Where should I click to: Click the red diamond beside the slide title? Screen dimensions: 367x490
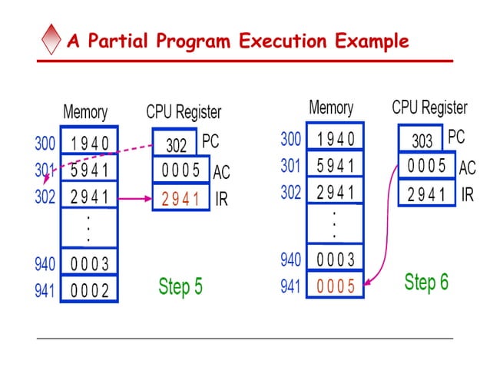(51, 40)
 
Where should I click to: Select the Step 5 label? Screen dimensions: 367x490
(180, 286)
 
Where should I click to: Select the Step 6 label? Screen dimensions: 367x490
(426, 282)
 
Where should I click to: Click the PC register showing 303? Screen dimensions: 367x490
(422, 139)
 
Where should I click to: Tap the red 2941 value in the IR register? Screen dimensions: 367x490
(180, 199)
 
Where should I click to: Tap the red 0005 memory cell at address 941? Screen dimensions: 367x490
(336, 286)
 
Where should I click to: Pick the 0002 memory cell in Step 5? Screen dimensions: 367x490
(90, 290)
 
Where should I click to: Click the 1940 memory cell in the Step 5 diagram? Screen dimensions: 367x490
(90, 143)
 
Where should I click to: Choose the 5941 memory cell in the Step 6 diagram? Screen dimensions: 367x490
(336, 166)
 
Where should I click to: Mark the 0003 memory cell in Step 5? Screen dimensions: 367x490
(90, 264)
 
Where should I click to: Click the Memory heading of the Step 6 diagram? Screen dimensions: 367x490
(330, 107)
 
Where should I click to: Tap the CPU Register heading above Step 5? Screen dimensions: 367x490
(184, 112)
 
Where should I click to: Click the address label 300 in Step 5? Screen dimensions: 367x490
(45, 143)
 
